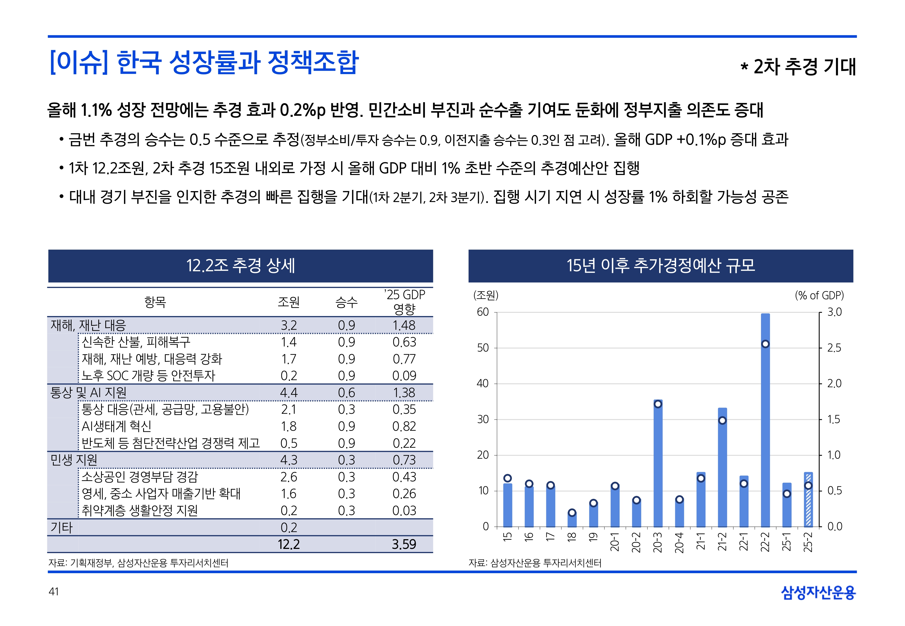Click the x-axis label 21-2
(x=722, y=542)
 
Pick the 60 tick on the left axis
(x=483, y=312)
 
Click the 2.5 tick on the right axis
(x=834, y=348)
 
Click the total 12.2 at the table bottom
(x=288, y=544)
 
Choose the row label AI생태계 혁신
(x=117, y=426)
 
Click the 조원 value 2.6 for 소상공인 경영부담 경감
(x=288, y=477)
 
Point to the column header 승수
(x=346, y=302)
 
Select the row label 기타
(x=62, y=528)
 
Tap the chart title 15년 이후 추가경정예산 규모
(x=661, y=265)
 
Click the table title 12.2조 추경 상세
(x=240, y=265)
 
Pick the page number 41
(x=54, y=592)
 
